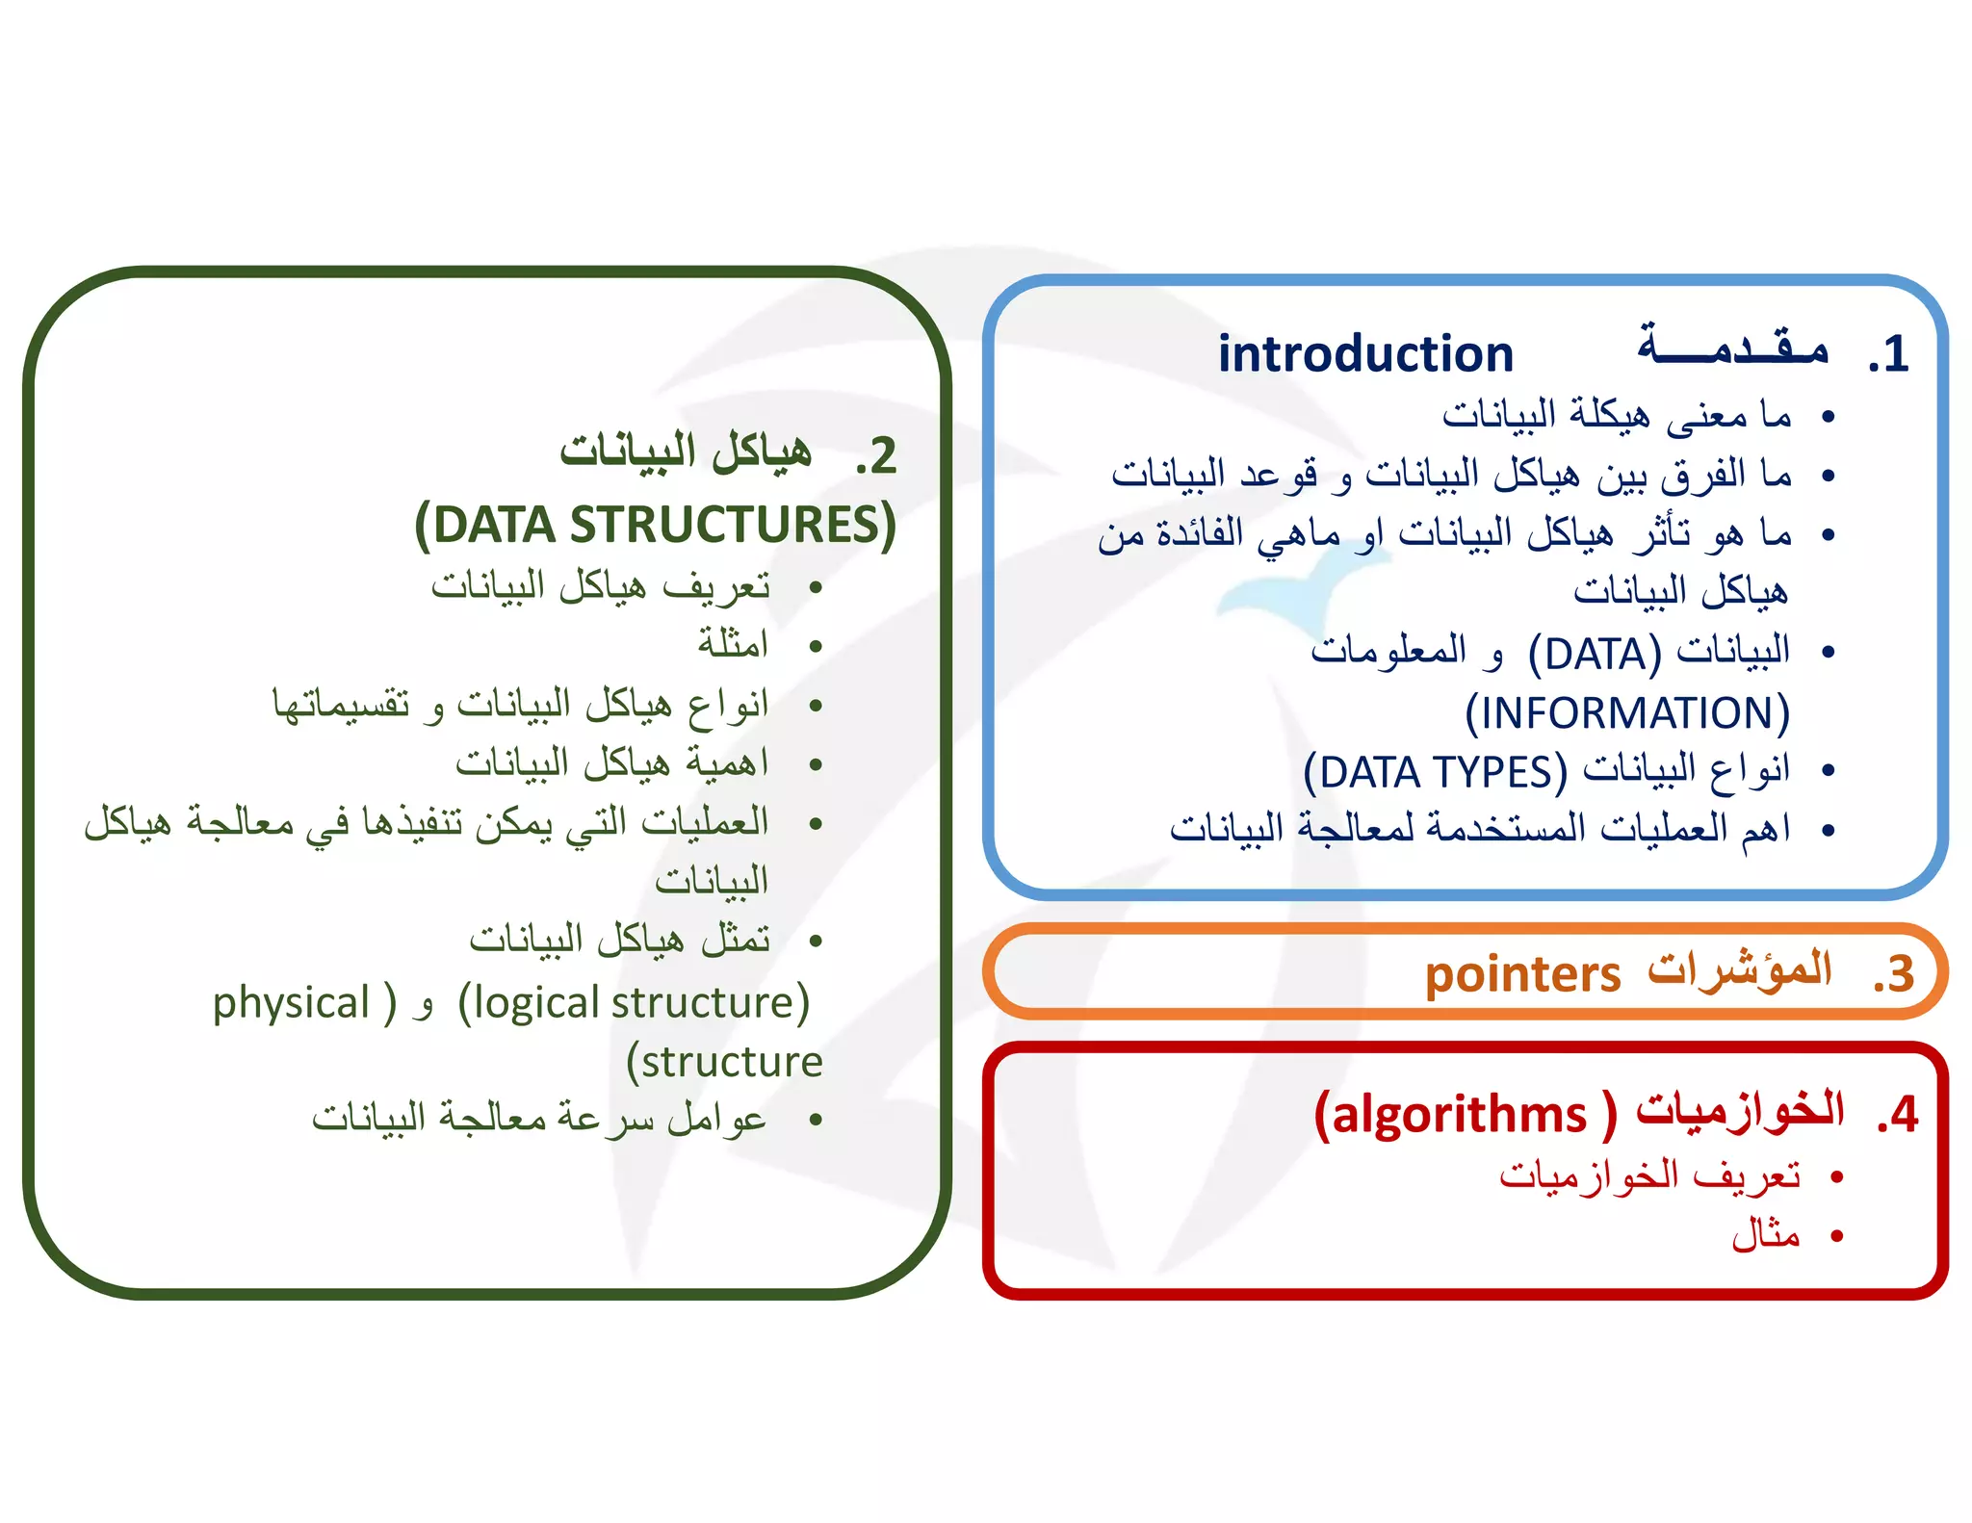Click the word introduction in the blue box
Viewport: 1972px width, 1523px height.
(1365, 354)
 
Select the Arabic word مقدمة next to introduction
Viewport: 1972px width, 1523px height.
(1733, 347)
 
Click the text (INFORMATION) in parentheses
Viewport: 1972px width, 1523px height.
(1627, 713)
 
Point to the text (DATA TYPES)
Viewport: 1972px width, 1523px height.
(1436, 772)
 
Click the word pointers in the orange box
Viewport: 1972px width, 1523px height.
(1522, 974)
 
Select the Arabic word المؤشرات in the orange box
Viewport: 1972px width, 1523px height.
(1739, 970)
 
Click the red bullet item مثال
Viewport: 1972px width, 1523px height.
(1766, 1233)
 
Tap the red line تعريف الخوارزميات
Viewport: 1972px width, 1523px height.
(1649, 1175)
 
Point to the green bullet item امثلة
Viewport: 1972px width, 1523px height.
(734, 643)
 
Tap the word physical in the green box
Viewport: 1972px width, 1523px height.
(291, 1003)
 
